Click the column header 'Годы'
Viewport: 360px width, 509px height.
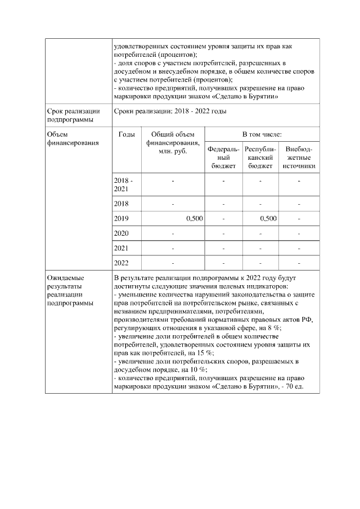pyautogui.click(x=127, y=134)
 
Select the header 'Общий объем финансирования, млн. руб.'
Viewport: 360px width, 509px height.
pyautogui.click(x=173, y=142)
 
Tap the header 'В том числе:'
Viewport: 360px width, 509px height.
pyautogui.click(x=262, y=134)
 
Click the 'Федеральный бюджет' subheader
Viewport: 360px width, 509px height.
pyautogui.click(x=223, y=157)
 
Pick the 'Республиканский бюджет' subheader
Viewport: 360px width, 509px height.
pyautogui.click(x=260, y=157)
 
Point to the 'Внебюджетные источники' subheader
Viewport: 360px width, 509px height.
pyautogui.click(x=299, y=157)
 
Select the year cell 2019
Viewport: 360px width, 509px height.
pyautogui.click(x=121, y=218)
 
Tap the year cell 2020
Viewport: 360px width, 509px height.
pyautogui.click(x=121, y=233)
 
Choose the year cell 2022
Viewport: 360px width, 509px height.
pyautogui.click(x=121, y=263)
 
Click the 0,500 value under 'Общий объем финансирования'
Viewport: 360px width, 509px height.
pyautogui.click(x=194, y=218)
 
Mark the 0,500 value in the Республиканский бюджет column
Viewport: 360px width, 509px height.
pyautogui.click(x=268, y=218)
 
